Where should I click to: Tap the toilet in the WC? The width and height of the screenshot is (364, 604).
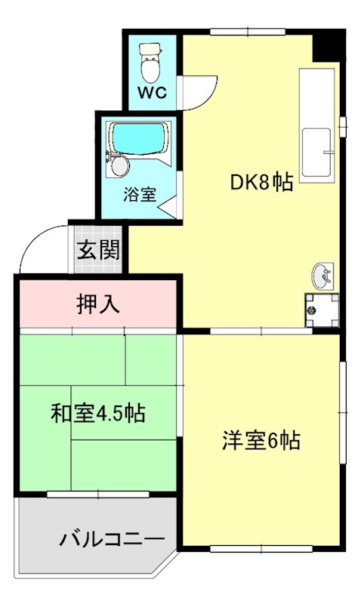pos(150,67)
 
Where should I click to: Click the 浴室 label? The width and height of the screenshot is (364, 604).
pos(140,193)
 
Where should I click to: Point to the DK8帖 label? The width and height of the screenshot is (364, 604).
pos(261,182)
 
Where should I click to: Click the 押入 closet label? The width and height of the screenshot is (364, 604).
pos(98,304)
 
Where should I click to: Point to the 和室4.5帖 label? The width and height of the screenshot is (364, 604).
pos(98,413)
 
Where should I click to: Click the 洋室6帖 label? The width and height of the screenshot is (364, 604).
pos(261,440)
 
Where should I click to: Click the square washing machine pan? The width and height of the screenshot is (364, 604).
pos(320,308)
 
